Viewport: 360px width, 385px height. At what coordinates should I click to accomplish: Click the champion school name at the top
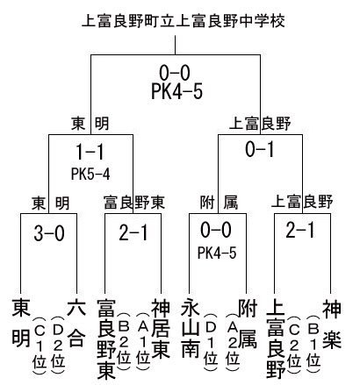coord(184,21)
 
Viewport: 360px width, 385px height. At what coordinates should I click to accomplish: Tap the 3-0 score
coord(49,233)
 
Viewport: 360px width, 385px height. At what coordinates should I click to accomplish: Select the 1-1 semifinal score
coord(90,152)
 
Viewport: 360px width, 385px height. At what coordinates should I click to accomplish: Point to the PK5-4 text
coord(90,175)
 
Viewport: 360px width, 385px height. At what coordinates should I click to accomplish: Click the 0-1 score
coord(260,149)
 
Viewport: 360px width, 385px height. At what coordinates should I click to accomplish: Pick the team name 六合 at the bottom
coord(76,324)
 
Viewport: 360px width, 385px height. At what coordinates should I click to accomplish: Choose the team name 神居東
coord(161,330)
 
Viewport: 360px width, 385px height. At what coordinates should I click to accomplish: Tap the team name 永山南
coord(191,329)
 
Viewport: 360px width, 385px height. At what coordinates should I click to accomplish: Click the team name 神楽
coord(332,324)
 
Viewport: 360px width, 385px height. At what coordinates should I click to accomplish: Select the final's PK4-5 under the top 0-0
coord(177,91)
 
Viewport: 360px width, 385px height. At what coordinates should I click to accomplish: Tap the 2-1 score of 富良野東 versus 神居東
coord(133,233)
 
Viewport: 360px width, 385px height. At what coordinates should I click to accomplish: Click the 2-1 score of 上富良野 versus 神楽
coord(300,230)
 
